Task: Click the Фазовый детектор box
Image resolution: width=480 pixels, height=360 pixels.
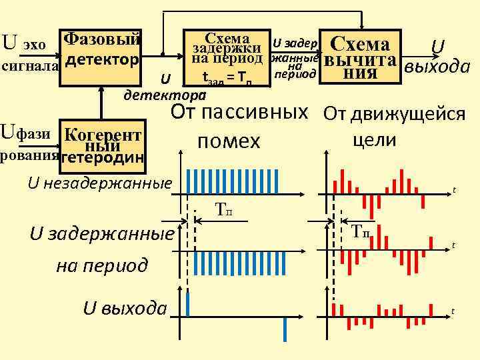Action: (102, 50)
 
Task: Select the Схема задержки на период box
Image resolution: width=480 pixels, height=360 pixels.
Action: (227, 57)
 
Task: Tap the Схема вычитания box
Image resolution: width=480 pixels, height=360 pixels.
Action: (360, 57)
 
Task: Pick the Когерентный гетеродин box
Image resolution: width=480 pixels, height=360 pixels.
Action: (102, 145)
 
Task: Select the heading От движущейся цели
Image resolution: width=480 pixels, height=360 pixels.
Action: (395, 127)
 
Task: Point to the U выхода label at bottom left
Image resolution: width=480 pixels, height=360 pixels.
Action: (125, 308)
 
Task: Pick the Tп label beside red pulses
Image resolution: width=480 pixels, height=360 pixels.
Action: (361, 231)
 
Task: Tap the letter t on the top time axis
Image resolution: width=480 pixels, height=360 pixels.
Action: (453, 190)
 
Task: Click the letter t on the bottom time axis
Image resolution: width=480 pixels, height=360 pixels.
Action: (453, 311)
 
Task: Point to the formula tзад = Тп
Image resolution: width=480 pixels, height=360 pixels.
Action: (227, 81)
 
